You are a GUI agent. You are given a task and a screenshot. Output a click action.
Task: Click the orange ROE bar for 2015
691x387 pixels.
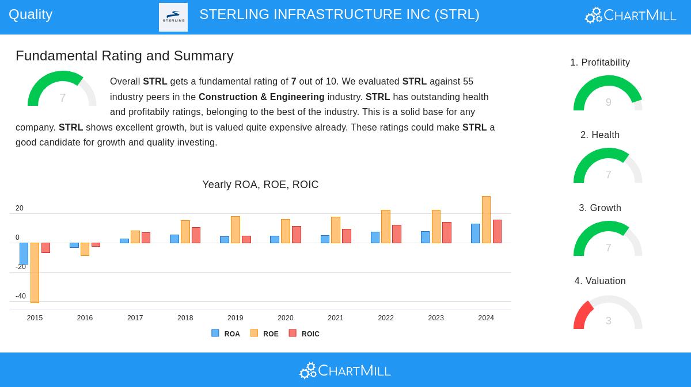tap(35, 273)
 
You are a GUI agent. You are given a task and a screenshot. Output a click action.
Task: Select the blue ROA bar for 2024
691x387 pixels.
tap(475, 233)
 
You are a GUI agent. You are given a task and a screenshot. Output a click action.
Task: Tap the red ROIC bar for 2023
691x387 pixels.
tap(447, 232)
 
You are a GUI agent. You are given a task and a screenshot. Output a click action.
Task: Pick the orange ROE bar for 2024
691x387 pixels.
tap(486, 220)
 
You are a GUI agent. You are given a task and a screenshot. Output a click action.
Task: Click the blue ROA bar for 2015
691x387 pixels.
tap(24, 254)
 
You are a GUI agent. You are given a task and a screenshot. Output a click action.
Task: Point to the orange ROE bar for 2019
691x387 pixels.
tap(236, 229)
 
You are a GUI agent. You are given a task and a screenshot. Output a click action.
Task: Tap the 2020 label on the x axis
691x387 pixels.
tap(286, 318)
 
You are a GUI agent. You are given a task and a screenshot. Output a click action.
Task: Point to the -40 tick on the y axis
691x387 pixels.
tap(21, 296)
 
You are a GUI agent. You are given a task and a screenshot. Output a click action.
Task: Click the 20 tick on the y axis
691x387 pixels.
tap(20, 208)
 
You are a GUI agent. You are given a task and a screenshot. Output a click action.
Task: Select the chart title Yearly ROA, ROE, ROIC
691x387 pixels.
tap(260, 185)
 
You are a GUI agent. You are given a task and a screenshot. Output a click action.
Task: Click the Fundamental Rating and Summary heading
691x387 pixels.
tap(124, 56)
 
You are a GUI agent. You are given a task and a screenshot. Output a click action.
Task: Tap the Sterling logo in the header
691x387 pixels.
tap(173, 17)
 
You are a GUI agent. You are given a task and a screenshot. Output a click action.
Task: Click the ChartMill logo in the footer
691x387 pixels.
tap(345, 370)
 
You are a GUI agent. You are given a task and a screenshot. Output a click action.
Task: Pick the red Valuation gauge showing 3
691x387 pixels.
tap(608, 313)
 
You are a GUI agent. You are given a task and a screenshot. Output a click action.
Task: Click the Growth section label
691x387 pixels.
tap(600, 208)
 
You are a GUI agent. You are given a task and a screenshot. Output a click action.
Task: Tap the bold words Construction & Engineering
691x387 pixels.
tap(261, 97)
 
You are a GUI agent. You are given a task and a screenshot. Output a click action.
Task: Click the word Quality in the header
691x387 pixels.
tap(31, 14)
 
